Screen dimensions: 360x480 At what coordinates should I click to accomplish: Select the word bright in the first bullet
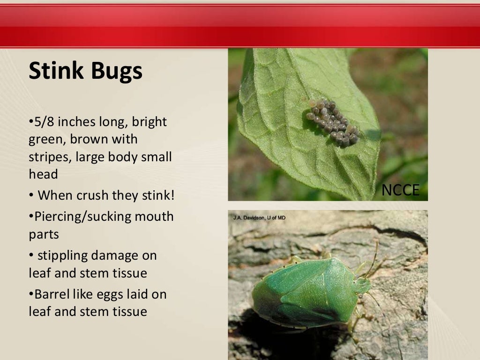coord(150,122)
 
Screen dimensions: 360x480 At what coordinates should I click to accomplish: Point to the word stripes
coord(48,157)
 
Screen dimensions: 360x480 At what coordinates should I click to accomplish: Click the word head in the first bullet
coord(43,174)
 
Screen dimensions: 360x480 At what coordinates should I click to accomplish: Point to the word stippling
coord(62,256)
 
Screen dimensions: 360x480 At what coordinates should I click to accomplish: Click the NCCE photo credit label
coord(400,190)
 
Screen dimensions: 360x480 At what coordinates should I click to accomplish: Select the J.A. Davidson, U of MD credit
coord(259,217)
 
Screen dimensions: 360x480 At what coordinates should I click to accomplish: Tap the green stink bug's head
coord(361,285)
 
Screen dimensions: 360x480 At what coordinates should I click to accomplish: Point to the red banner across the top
coord(240,26)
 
